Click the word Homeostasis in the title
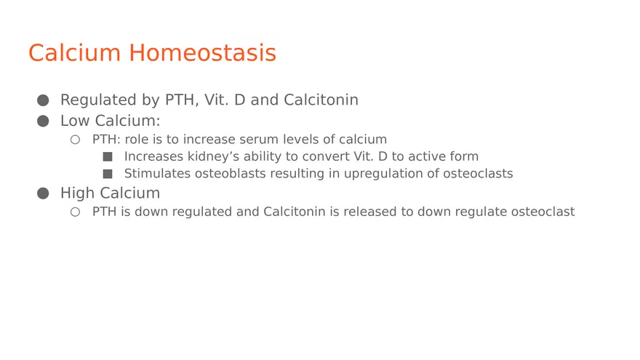[202, 52]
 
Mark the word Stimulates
[158, 174]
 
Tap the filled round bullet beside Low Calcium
[43, 121]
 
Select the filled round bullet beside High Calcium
[43, 193]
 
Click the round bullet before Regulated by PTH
[43, 100]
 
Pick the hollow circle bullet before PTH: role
[75, 140]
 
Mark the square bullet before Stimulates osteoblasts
[108, 174]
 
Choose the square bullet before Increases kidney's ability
[108, 157]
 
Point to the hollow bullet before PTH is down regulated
[75, 212]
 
